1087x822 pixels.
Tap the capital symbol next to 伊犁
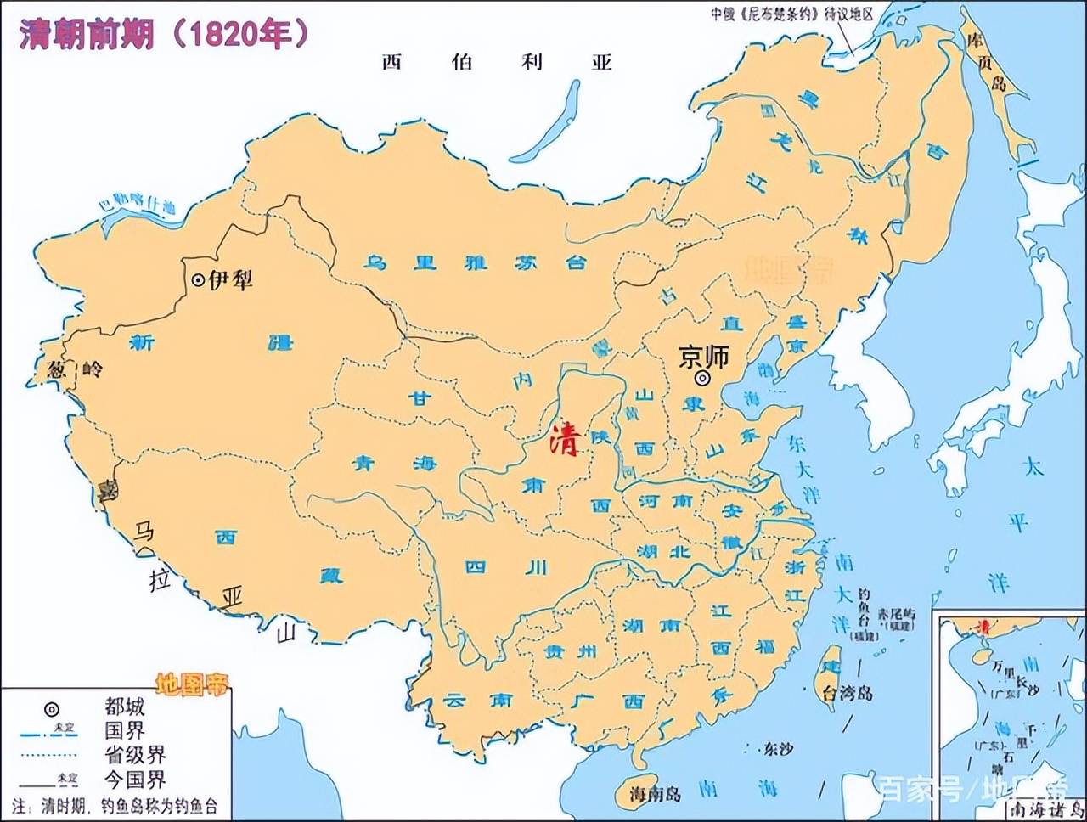tap(197, 279)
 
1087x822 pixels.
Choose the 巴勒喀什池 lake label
tap(136, 204)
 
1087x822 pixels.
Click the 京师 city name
tap(704, 357)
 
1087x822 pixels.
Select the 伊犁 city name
tap(231, 279)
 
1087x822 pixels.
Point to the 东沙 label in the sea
tap(776, 749)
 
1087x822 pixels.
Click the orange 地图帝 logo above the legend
tap(193, 684)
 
